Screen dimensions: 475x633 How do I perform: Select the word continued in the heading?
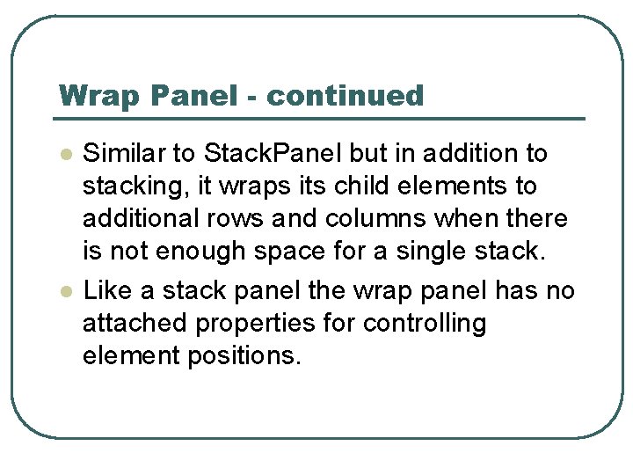pyautogui.click(x=345, y=96)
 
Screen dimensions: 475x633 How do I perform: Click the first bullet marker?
pyautogui.click(x=64, y=155)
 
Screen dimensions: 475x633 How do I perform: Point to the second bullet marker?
pyautogui.click(x=64, y=291)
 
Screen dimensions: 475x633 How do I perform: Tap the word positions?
pyautogui.click(x=246, y=357)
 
